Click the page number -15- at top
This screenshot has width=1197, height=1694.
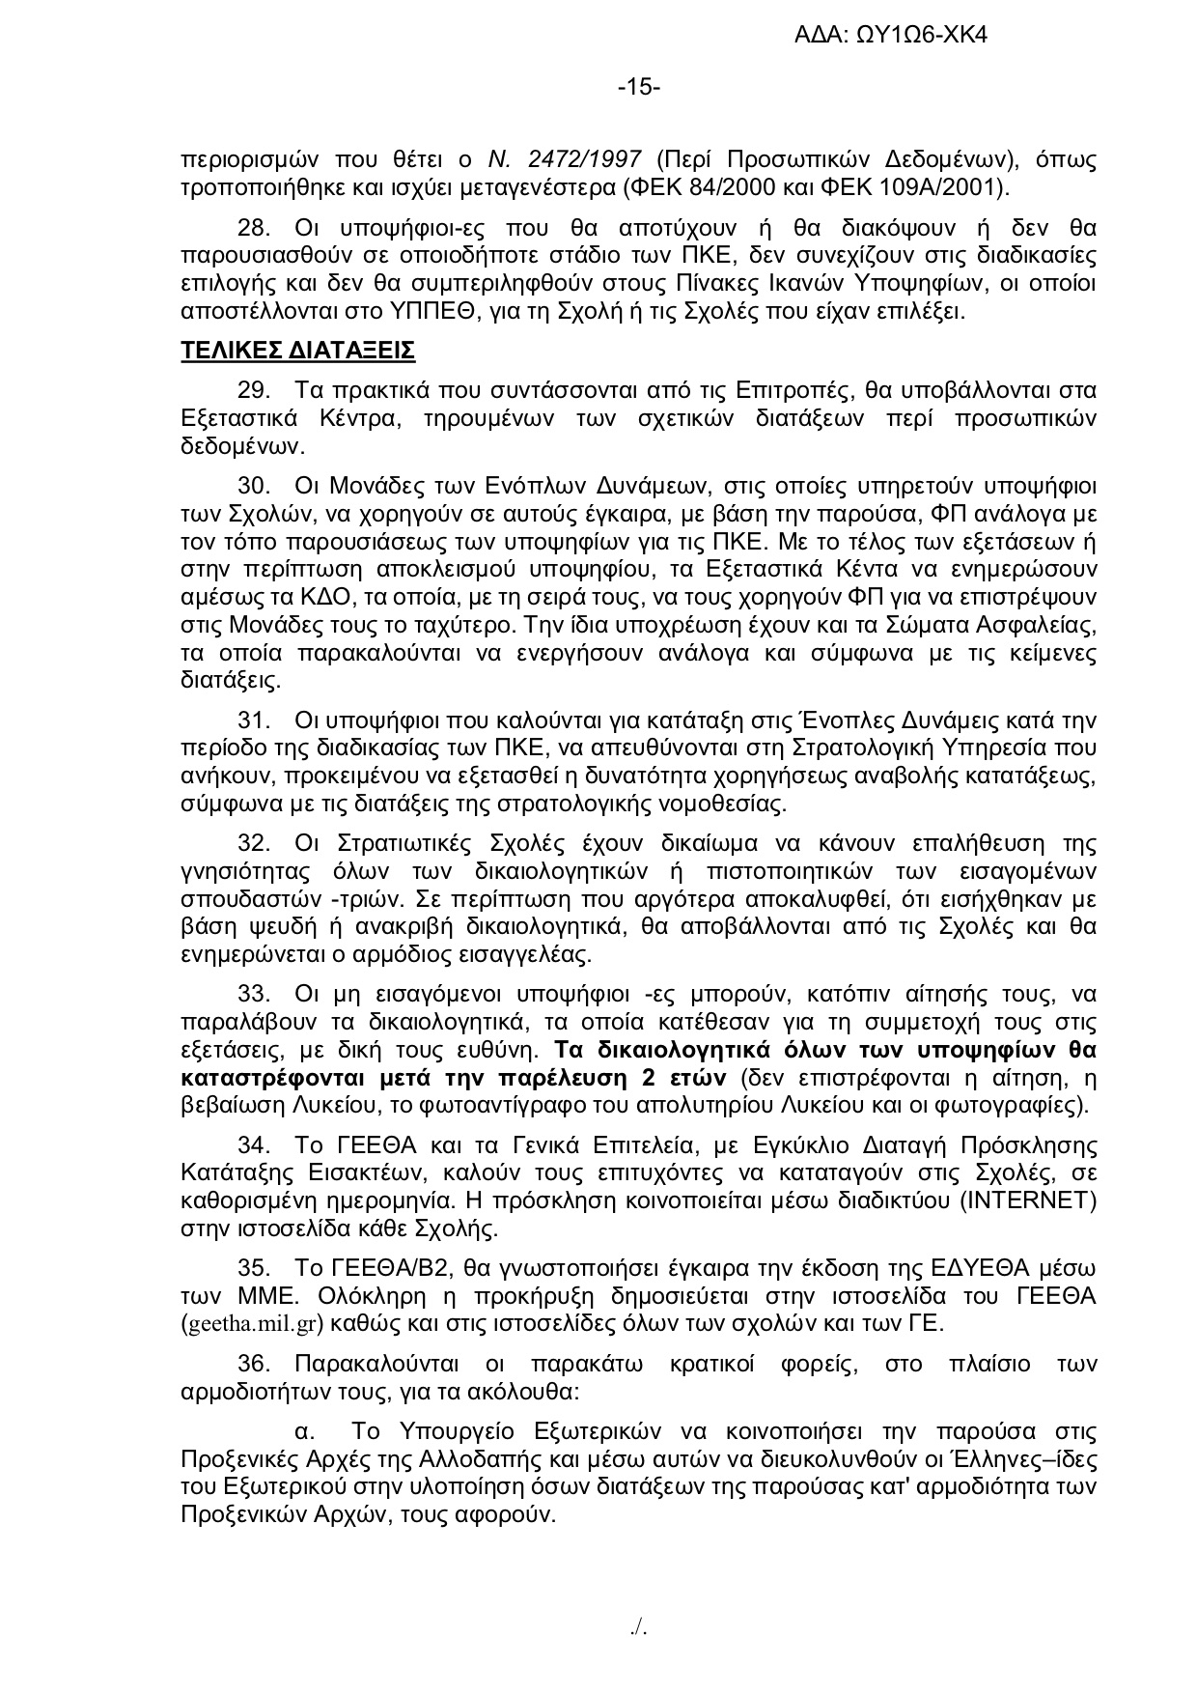pyautogui.click(x=639, y=88)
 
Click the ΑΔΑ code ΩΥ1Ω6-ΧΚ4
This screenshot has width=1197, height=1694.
pyautogui.click(x=921, y=37)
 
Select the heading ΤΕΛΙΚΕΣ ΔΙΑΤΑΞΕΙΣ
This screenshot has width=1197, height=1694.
pyautogui.click(x=298, y=350)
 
